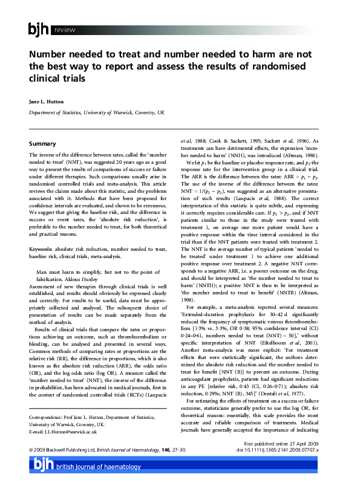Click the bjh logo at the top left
(40, 29)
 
